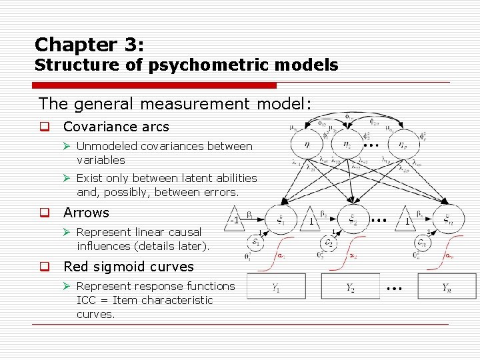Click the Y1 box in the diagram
click(276, 287)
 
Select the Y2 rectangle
click(350, 287)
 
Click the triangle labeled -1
click(234, 219)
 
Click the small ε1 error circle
click(255, 242)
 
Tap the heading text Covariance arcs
click(116, 127)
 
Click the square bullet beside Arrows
click(44, 213)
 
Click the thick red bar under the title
click(155, 85)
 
